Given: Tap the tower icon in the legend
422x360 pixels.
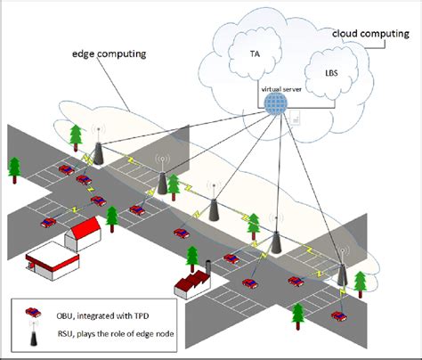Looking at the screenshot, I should pos(33,338).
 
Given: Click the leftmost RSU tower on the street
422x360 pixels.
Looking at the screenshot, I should pos(98,151).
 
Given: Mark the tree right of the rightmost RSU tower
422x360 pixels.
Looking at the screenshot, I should pos(361,283).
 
